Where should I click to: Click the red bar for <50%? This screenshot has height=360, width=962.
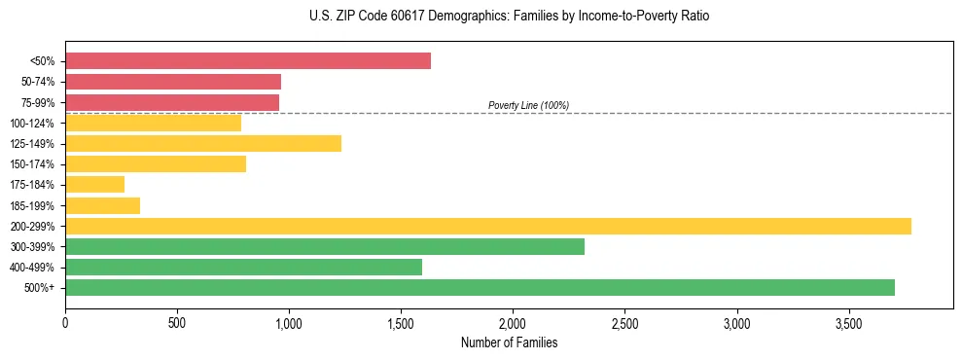tap(248, 61)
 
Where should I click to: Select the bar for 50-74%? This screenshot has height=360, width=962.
tap(173, 82)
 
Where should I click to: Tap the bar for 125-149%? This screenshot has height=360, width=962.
tap(203, 143)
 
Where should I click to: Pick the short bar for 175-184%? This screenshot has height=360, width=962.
tap(94, 185)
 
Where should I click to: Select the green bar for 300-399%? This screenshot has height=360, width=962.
tap(325, 246)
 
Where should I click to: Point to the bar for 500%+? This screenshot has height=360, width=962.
tap(480, 287)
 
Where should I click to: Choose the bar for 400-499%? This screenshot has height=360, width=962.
tap(243, 267)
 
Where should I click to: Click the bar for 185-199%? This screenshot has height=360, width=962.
tap(102, 205)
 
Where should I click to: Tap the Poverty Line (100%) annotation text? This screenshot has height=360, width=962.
tap(528, 105)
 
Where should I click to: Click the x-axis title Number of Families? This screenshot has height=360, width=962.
tap(509, 342)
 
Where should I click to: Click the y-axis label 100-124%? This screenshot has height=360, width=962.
tap(32, 124)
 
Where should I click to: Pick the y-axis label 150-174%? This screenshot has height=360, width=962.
tap(32, 164)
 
